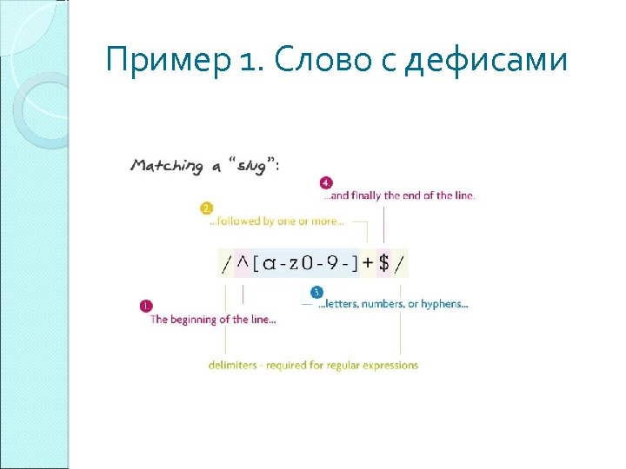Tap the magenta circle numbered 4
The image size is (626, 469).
click(326, 183)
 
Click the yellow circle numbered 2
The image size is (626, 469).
click(206, 208)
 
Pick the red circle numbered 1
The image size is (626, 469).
click(145, 306)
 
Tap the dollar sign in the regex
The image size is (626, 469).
click(383, 263)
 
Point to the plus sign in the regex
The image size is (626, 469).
click(368, 263)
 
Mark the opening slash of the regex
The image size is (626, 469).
click(227, 264)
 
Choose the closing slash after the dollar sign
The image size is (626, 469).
click(399, 264)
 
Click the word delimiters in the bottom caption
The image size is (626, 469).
click(232, 365)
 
